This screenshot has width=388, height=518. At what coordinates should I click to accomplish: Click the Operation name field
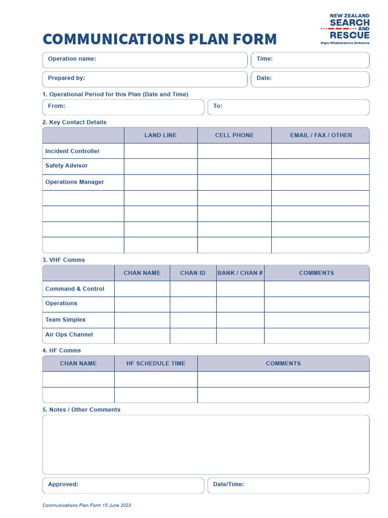(145, 60)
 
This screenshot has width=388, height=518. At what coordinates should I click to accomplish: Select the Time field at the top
(310, 60)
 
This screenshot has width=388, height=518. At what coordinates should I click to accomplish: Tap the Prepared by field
(145, 79)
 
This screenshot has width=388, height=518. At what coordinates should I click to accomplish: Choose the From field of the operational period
(123, 107)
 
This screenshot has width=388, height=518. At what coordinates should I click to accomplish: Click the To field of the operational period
(288, 107)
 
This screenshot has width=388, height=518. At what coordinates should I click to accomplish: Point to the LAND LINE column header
(161, 135)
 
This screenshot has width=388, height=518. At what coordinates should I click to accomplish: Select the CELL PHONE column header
(234, 135)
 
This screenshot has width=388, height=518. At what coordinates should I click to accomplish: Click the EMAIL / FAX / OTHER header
(321, 135)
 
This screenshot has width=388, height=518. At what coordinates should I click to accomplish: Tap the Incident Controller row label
(73, 151)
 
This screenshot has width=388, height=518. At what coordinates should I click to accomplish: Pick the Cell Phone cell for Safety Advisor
(234, 166)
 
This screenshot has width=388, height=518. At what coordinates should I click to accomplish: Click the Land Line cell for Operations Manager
(161, 182)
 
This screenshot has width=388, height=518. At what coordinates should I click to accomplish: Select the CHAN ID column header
(193, 273)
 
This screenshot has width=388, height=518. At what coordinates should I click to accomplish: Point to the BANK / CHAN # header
(240, 273)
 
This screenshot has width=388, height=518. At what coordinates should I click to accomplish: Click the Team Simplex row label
(66, 320)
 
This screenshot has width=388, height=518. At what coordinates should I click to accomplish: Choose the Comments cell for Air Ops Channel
(317, 335)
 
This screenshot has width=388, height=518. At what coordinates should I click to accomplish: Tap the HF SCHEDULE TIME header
(156, 363)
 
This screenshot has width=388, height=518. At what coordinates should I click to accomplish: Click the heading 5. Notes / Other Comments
(81, 410)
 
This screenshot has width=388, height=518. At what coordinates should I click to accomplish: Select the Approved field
(123, 485)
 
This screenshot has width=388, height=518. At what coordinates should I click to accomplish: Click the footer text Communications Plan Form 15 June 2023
(87, 505)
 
